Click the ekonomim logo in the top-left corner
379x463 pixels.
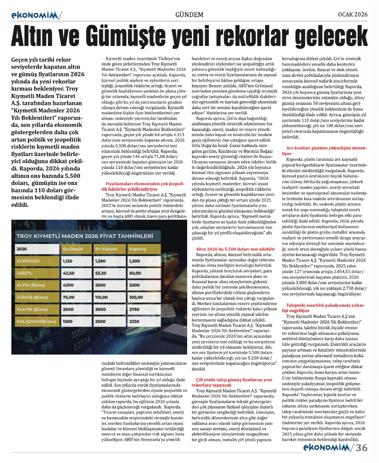pyautogui.click(x=36, y=15)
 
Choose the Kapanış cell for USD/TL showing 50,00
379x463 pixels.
pyautogui.click(x=135, y=273)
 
